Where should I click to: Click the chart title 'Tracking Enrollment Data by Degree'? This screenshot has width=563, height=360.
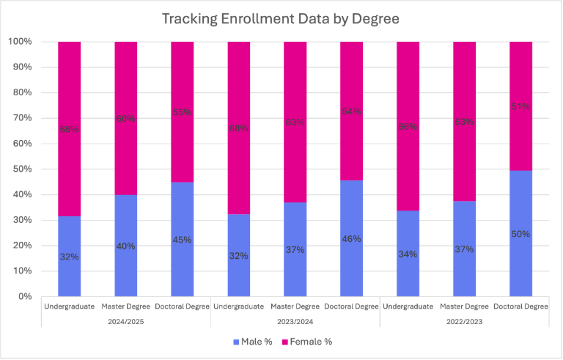coord(281,18)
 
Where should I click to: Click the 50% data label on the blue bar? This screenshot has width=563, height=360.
coord(520,235)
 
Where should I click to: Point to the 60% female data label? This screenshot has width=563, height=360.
coord(126,120)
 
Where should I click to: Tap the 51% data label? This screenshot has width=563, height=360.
coord(520,107)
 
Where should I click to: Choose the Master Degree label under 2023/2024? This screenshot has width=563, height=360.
coord(295,306)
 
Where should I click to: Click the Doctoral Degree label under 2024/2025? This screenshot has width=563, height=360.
coord(182,306)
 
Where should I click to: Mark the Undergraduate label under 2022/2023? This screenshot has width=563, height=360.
coord(408,306)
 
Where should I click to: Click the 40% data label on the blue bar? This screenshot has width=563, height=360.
coord(126,246)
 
